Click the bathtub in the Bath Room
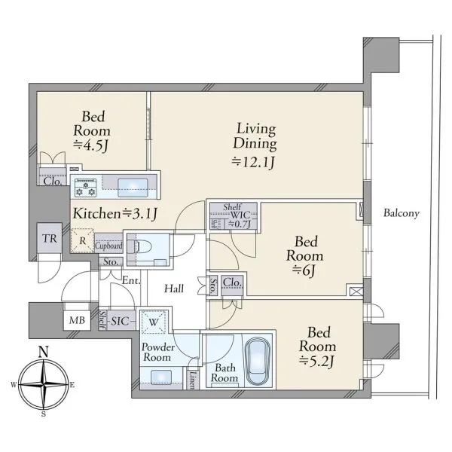258,362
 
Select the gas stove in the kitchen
85,188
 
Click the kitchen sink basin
133,188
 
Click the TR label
50,238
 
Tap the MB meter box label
77,320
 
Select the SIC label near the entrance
120,321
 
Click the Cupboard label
108,246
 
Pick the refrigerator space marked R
82,241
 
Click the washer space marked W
154,322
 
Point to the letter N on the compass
43,353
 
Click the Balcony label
402,213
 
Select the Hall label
174,289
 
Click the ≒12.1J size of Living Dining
253,162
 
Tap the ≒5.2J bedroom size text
317,361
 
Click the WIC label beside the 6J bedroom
240,215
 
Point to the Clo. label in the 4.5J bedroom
53,182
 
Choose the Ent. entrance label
131,280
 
